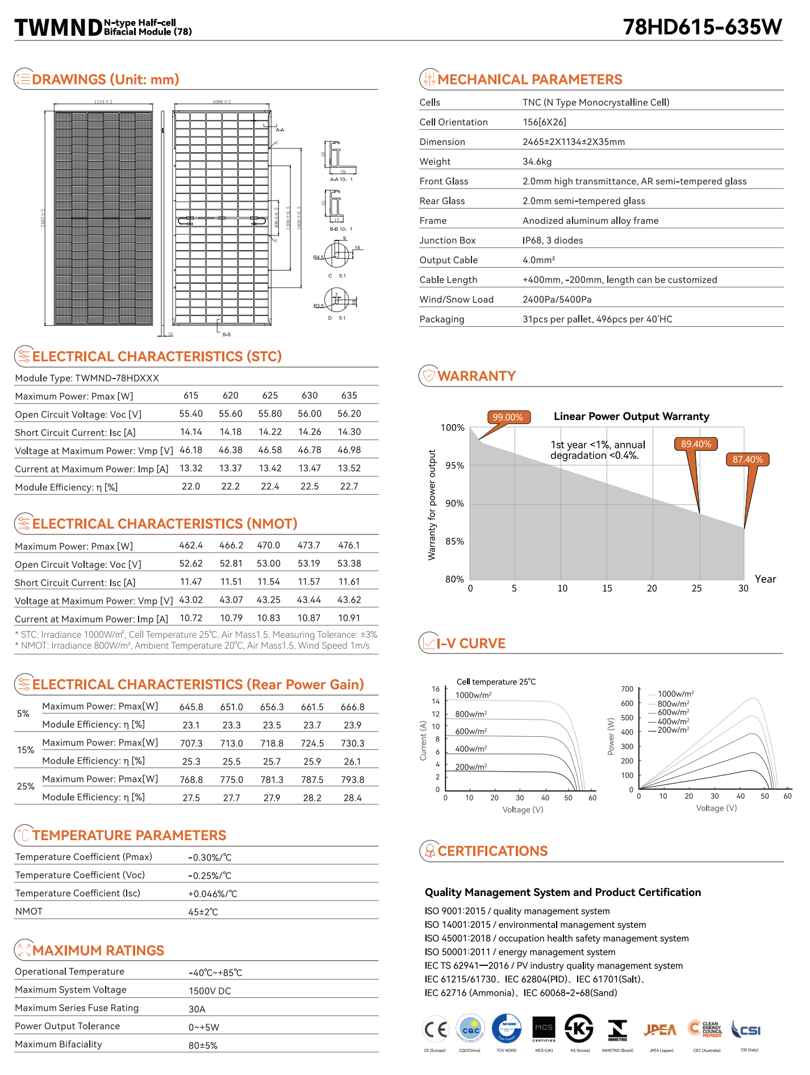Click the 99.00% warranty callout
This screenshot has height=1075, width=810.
point(508,417)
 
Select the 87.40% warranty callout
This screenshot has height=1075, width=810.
point(748,459)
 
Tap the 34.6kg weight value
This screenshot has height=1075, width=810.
point(537,161)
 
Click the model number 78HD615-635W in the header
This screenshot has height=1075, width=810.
point(703,27)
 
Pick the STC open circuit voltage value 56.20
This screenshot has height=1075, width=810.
point(349,414)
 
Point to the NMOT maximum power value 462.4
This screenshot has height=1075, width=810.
point(191,545)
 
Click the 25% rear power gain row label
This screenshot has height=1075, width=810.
point(26,787)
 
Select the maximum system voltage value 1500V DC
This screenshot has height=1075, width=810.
point(210,991)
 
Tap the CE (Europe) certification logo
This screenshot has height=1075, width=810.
point(435,1029)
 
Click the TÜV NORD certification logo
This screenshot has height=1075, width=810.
point(506,1029)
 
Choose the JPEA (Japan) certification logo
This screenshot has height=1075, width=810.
point(661,1030)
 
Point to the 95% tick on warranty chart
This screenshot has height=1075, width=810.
point(454,466)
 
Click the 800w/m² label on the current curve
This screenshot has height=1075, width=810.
point(471,714)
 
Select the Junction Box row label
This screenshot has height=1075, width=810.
point(448,240)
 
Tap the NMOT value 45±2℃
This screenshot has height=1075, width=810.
point(203,912)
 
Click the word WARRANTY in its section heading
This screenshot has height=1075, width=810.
point(477,376)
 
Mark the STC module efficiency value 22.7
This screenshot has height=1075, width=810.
point(349,487)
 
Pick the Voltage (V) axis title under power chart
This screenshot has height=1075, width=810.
point(716,808)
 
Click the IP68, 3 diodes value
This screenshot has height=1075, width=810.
point(553,240)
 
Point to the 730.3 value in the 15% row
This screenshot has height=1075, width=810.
point(353,744)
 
